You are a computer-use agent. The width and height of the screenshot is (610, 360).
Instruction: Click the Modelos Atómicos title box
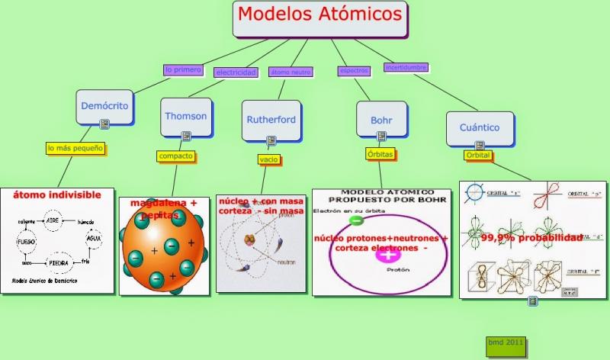(319, 18)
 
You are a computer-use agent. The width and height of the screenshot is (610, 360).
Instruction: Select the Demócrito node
(105, 106)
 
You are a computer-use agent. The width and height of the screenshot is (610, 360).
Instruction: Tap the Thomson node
(186, 116)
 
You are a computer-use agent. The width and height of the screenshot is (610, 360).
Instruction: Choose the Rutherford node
(271, 119)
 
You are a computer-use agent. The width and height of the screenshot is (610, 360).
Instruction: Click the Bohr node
(381, 120)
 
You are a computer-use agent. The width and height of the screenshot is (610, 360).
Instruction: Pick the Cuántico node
(480, 127)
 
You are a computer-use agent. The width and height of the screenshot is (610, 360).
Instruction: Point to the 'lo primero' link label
(183, 70)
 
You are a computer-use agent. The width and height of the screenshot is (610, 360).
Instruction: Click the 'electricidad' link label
(236, 72)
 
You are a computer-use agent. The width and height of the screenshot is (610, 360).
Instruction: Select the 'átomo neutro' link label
(291, 72)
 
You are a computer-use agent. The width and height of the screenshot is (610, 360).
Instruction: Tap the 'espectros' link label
(354, 71)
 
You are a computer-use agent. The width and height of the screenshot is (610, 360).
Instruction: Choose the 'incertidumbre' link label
(406, 67)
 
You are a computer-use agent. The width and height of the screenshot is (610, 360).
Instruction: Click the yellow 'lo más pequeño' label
(75, 148)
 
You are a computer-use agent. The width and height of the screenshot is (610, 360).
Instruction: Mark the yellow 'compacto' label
(175, 156)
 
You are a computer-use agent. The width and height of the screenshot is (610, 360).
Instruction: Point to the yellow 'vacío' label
(268, 159)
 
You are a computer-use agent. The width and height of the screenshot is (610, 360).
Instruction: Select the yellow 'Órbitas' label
(379, 153)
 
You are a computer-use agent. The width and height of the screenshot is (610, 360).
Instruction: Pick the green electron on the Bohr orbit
(356, 220)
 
